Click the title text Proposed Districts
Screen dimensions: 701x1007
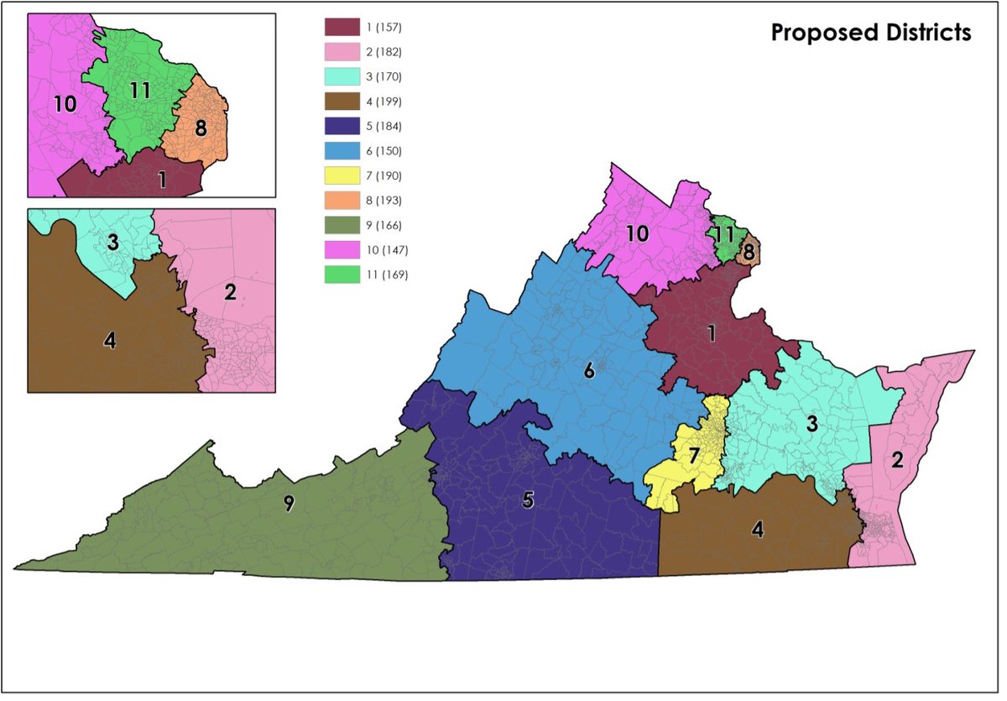[x=870, y=33]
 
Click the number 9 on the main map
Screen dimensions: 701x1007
[x=289, y=504]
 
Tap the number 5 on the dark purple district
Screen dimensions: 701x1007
[x=528, y=500]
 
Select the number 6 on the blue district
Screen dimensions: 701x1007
[x=589, y=370]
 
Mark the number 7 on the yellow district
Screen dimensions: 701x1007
[x=693, y=457]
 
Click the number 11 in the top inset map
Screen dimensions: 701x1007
[x=140, y=90]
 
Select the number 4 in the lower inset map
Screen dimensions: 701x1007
[x=108, y=342]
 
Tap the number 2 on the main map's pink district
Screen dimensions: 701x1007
[x=896, y=459]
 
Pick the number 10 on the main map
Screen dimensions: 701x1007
[x=637, y=234]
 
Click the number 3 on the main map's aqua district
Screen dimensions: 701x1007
[x=811, y=424]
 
